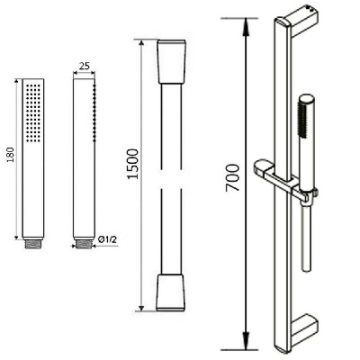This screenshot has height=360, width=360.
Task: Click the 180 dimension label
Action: point(11,155)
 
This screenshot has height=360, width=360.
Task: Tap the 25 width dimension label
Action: point(85,66)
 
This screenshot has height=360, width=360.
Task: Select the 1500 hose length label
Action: point(133,164)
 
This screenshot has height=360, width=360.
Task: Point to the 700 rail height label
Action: point(232,177)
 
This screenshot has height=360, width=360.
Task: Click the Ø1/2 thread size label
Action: point(107,239)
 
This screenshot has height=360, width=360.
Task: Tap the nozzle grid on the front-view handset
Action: point(33,112)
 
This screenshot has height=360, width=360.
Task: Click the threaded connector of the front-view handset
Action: point(33,244)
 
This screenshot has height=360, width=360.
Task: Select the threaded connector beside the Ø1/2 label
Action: point(84,244)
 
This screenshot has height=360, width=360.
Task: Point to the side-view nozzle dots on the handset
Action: point(94,112)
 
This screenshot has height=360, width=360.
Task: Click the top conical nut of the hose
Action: point(172,61)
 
